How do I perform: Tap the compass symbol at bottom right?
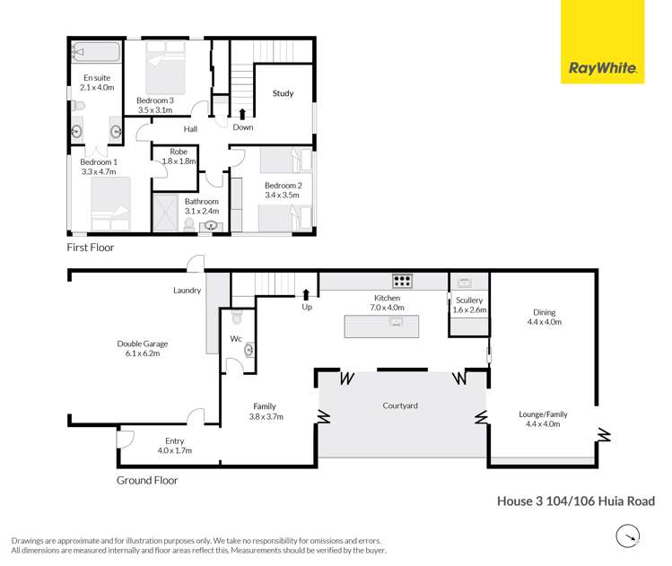[x=628, y=536]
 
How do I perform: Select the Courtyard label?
[x=399, y=405]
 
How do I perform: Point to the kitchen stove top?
[x=402, y=280]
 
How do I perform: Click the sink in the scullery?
[x=464, y=282]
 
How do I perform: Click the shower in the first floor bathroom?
[x=166, y=213]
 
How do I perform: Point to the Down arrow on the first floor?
[x=242, y=114]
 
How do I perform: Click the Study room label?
[x=283, y=93]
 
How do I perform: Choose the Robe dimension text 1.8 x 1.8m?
[x=179, y=161]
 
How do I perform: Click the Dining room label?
[x=544, y=311]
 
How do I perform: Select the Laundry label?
[x=187, y=290]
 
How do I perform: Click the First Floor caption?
[x=91, y=247]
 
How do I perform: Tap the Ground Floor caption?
[x=147, y=480]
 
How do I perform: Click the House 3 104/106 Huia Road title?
[x=575, y=501]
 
